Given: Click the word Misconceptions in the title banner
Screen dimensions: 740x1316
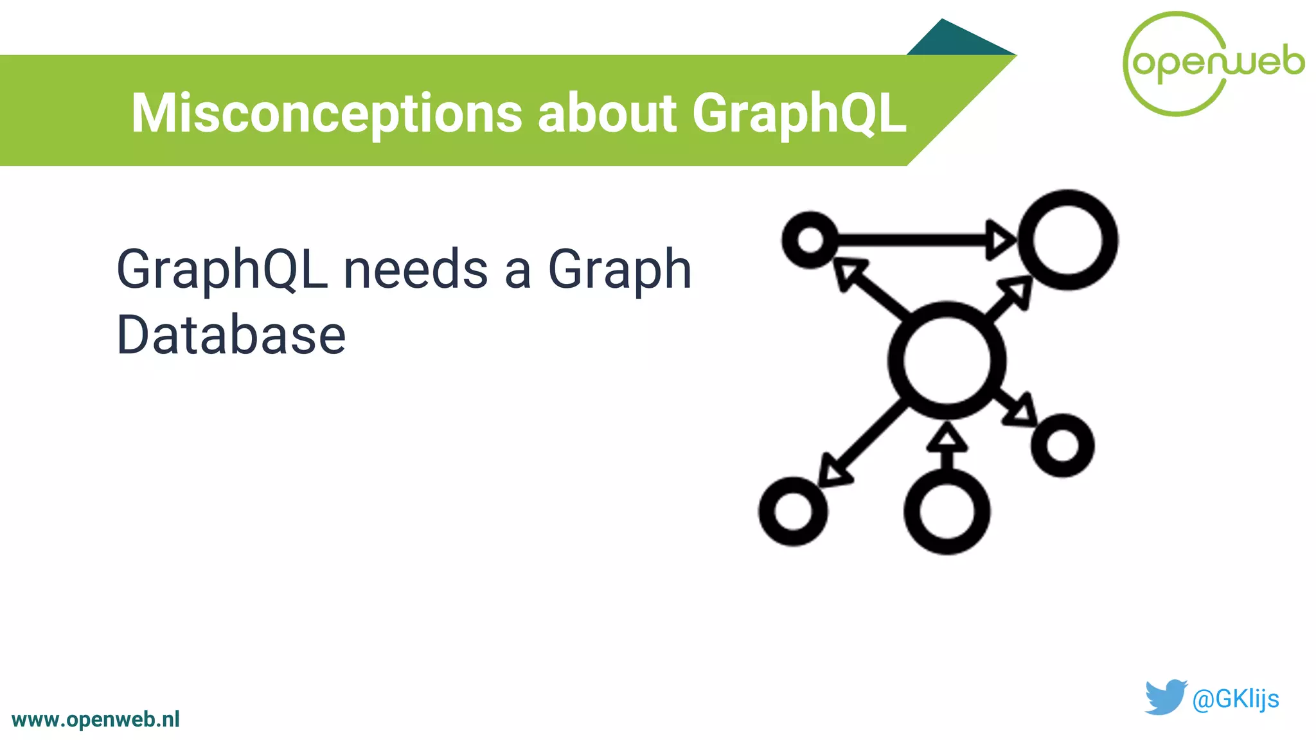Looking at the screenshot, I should point(326,114).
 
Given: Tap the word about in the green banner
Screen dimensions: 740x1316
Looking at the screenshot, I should point(607,114).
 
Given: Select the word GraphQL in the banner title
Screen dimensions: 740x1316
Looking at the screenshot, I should point(799,114).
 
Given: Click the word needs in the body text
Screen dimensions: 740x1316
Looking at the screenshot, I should point(416,270).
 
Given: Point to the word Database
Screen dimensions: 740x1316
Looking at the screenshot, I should point(231,335).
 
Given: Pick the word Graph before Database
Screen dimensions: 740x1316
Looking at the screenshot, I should point(619,270).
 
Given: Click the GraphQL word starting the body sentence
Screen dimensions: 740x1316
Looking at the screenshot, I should point(222,270).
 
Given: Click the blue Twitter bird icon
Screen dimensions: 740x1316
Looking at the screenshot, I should point(1164,697).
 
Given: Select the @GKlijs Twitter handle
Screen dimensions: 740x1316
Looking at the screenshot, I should point(1235,699).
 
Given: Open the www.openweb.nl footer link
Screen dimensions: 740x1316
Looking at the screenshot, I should point(96,719).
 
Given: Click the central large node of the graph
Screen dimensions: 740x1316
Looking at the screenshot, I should point(947,360).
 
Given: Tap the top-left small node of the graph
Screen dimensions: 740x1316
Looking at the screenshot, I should point(810,240).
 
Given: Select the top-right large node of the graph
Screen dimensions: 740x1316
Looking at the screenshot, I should point(1068,240).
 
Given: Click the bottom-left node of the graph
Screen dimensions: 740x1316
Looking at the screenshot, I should point(793,511).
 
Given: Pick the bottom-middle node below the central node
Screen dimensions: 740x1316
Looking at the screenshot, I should point(947,512).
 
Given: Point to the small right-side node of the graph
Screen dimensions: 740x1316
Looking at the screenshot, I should point(1062,446).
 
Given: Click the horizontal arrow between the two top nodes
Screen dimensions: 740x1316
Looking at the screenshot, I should point(919,240).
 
